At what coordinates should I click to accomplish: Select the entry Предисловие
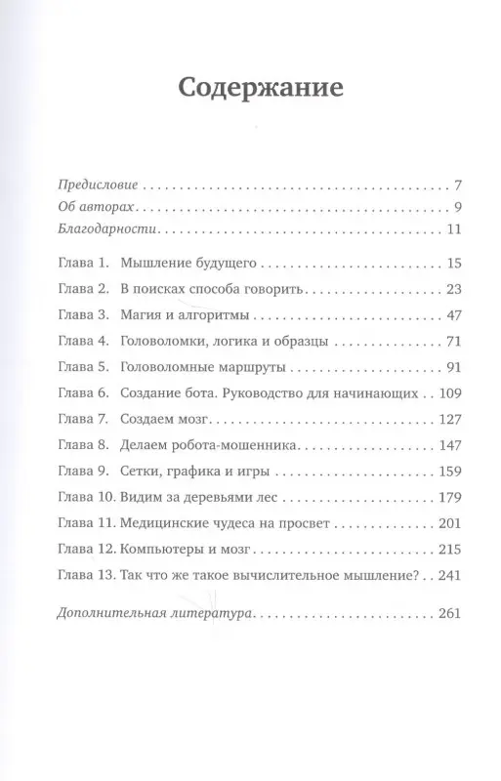coord(99,185)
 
